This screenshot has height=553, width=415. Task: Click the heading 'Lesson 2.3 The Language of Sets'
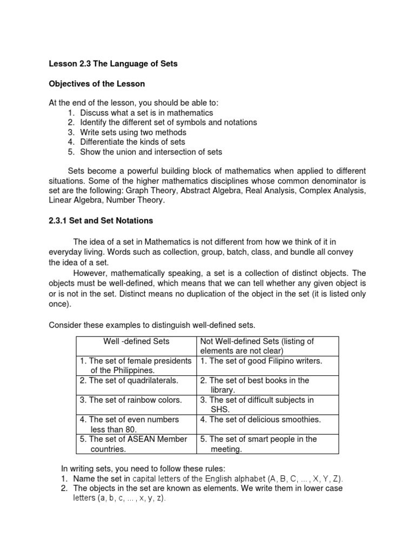click(x=113, y=64)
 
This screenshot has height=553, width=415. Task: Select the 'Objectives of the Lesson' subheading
click(x=97, y=84)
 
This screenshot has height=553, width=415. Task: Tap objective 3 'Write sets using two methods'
click(x=133, y=132)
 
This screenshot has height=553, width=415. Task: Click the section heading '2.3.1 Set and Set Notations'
click(x=101, y=220)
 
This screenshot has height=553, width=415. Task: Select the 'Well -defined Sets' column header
click(x=136, y=341)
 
